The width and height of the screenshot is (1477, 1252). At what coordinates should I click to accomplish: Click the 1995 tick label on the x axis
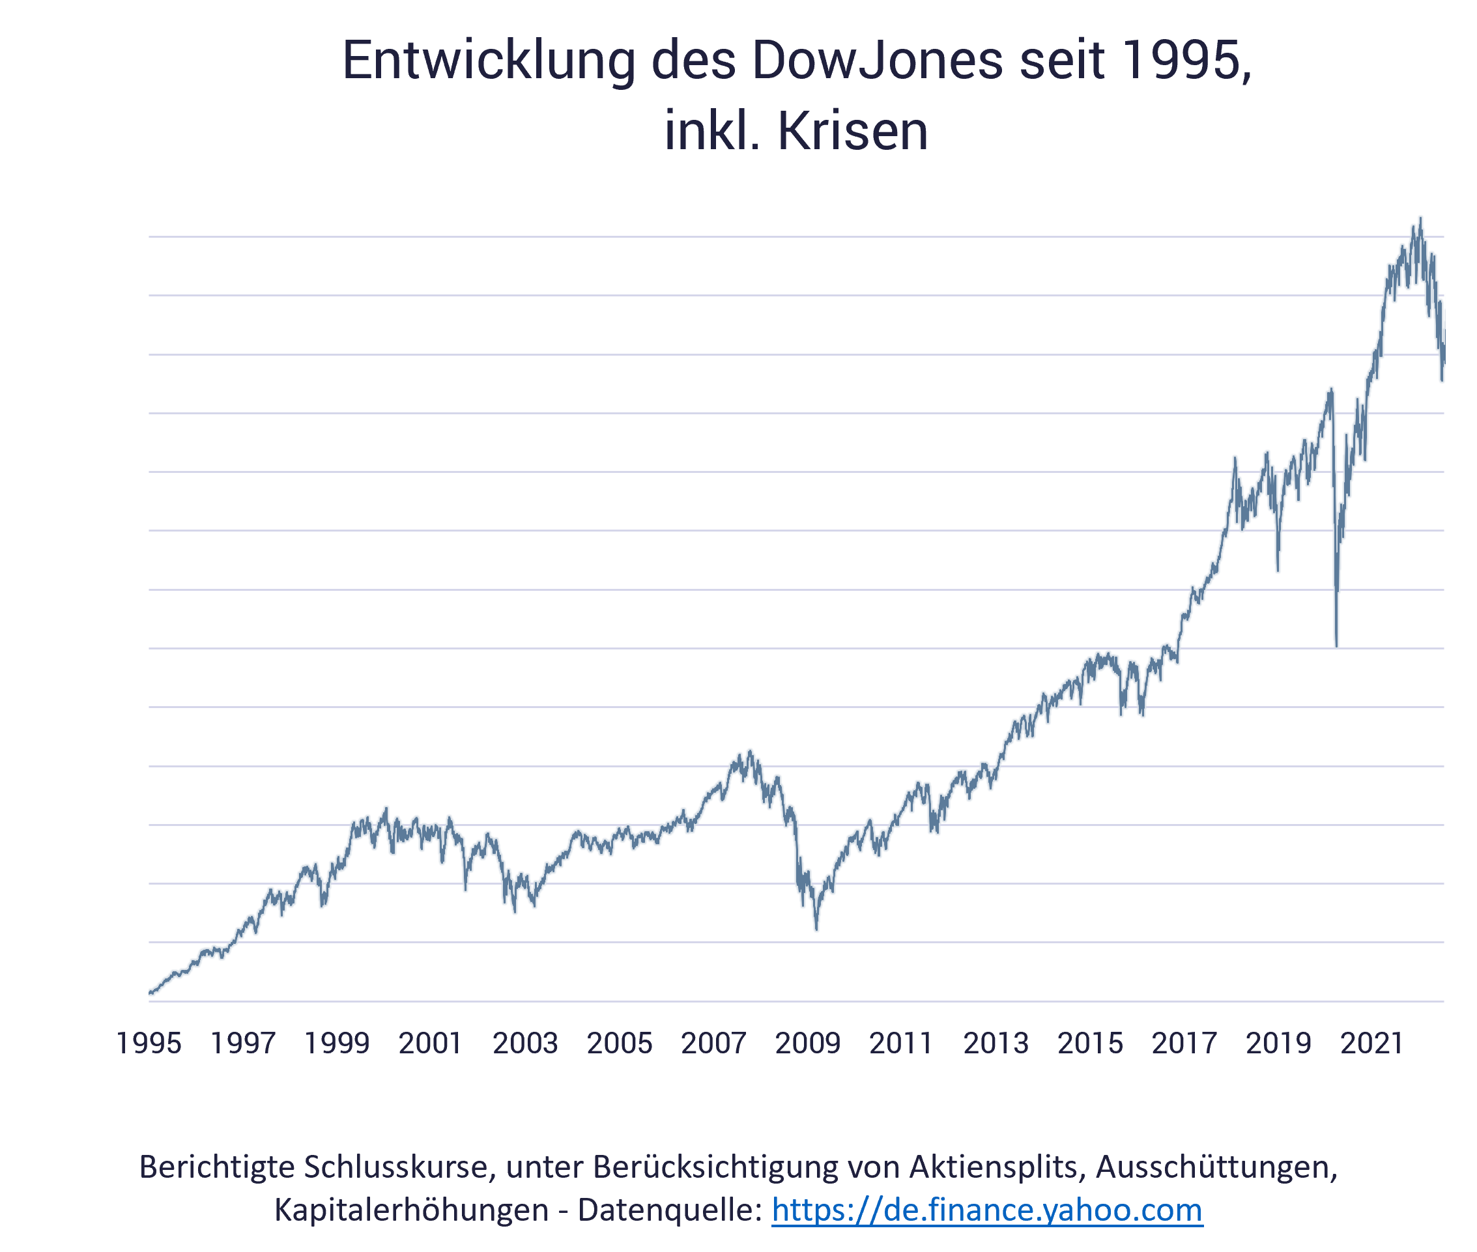(149, 1044)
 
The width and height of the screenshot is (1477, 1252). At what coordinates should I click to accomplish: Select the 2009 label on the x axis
(808, 1044)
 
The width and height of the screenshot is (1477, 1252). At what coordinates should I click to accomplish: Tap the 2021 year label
(1372, 1044)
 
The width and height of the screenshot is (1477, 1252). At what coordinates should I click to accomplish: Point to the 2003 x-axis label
(525, 1044)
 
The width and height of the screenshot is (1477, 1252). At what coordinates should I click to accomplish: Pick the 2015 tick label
(1090, 1044)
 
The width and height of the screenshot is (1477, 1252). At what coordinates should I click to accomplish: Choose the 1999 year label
(337, 1044)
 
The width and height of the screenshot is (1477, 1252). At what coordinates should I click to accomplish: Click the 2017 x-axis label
(1184, 1044)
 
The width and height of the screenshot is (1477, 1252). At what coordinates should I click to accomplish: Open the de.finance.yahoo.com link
(987, 1210)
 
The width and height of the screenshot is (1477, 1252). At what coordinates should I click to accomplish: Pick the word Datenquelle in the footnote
(670, 1210)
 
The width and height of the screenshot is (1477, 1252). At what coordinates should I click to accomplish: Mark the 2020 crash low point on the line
(1336, 647)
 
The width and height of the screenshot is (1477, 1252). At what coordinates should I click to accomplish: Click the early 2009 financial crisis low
(817, 930)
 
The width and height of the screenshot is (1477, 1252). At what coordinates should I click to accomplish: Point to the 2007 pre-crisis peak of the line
(750, 750)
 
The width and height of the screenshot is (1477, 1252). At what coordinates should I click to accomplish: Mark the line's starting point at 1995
(151, 993)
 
